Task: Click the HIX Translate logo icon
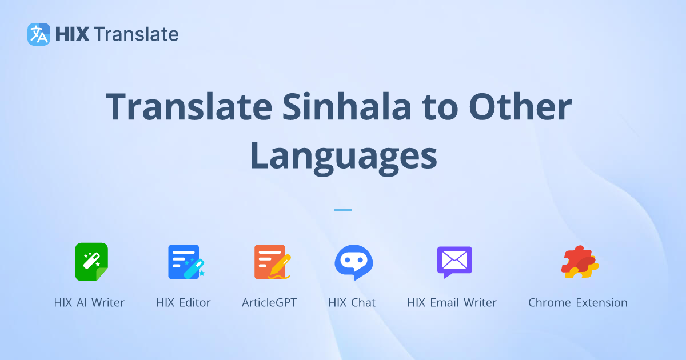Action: pyautogui.click(x=39, y=34)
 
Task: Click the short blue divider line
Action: pyautogui.click(x=343, y=210)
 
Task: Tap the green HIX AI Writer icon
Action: pyautogui.click(x=91, y=262)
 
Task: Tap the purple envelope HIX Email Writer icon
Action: pyautogui.click(x=454, y=262)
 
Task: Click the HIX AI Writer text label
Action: pyautogui.click(x=89, y=303)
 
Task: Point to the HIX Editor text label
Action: pyautogui.click(x=184, y=303)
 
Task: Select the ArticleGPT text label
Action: pyautogui.click(x=269, y=303)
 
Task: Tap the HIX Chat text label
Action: pyautogui.click(x=352, y=303)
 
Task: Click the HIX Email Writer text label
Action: pyautogui.click(x=452, y=303)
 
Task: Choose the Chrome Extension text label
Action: pyautogui.click(x=577, y=303)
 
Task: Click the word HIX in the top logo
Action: pyautogui.click(x=72, y=34)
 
